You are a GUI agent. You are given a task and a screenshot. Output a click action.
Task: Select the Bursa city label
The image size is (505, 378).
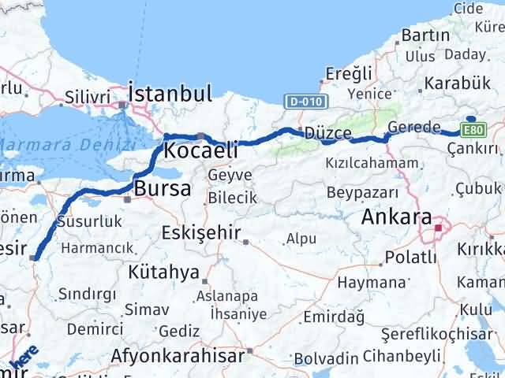coord(163,189)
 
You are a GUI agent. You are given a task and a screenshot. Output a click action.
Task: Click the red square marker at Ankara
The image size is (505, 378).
coord(439,228)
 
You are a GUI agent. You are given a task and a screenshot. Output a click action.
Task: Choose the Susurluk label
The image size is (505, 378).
coord(91,222)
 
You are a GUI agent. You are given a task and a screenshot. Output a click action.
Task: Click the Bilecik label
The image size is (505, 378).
coord(233,198)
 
